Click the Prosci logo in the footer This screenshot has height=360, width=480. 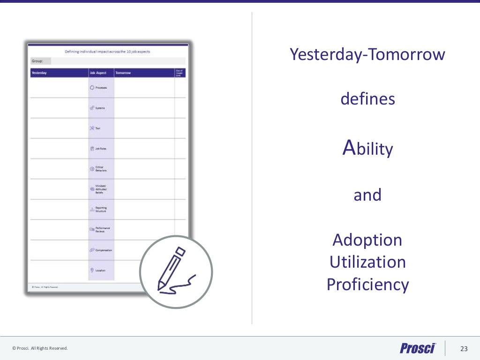tap(418, 348)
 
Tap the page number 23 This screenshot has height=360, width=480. tap(464, 348)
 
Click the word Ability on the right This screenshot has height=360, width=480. tap(367, 149)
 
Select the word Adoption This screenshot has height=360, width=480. tap(367, 240)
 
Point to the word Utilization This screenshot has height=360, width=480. tap(367, 262)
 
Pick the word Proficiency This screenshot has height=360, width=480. tap(367, 284)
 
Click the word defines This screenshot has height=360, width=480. tap(367, 99)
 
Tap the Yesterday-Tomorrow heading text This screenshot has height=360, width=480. tap(367, 54)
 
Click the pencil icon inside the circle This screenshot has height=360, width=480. tap(175, 271)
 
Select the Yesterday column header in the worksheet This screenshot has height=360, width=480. tap(39, 73)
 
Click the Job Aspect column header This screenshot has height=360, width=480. tap(98, 73)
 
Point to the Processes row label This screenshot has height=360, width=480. tap(101, 88)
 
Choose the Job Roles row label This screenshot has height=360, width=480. tap(101, 149)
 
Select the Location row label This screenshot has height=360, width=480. tap(100, 270)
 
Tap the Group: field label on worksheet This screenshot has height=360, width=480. tap(37, 61)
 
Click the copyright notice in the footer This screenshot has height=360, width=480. tap(40, 348)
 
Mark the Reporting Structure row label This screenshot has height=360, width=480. tap(101, 210)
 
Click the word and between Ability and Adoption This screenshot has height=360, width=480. tap(367, 195)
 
